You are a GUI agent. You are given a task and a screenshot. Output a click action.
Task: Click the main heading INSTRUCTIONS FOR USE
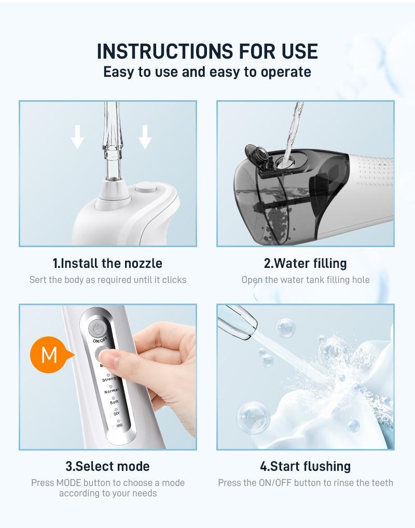point(207,51)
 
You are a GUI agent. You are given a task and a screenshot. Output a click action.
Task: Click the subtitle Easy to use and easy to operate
point(207,72)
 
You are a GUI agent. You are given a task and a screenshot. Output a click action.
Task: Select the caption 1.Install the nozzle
point(107,263)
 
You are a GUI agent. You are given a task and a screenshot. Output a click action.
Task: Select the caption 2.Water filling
point(305,263)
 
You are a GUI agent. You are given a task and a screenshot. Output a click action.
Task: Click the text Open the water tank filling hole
point(305,280)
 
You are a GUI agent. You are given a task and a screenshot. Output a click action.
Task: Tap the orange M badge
point(49,355)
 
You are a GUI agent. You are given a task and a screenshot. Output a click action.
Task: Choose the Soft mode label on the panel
point(114,402)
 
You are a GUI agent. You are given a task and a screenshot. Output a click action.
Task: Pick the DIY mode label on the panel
point(116,413)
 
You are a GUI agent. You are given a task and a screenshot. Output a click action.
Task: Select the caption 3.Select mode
point(107,466)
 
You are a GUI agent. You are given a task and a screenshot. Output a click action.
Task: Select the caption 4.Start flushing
point(305,466)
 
